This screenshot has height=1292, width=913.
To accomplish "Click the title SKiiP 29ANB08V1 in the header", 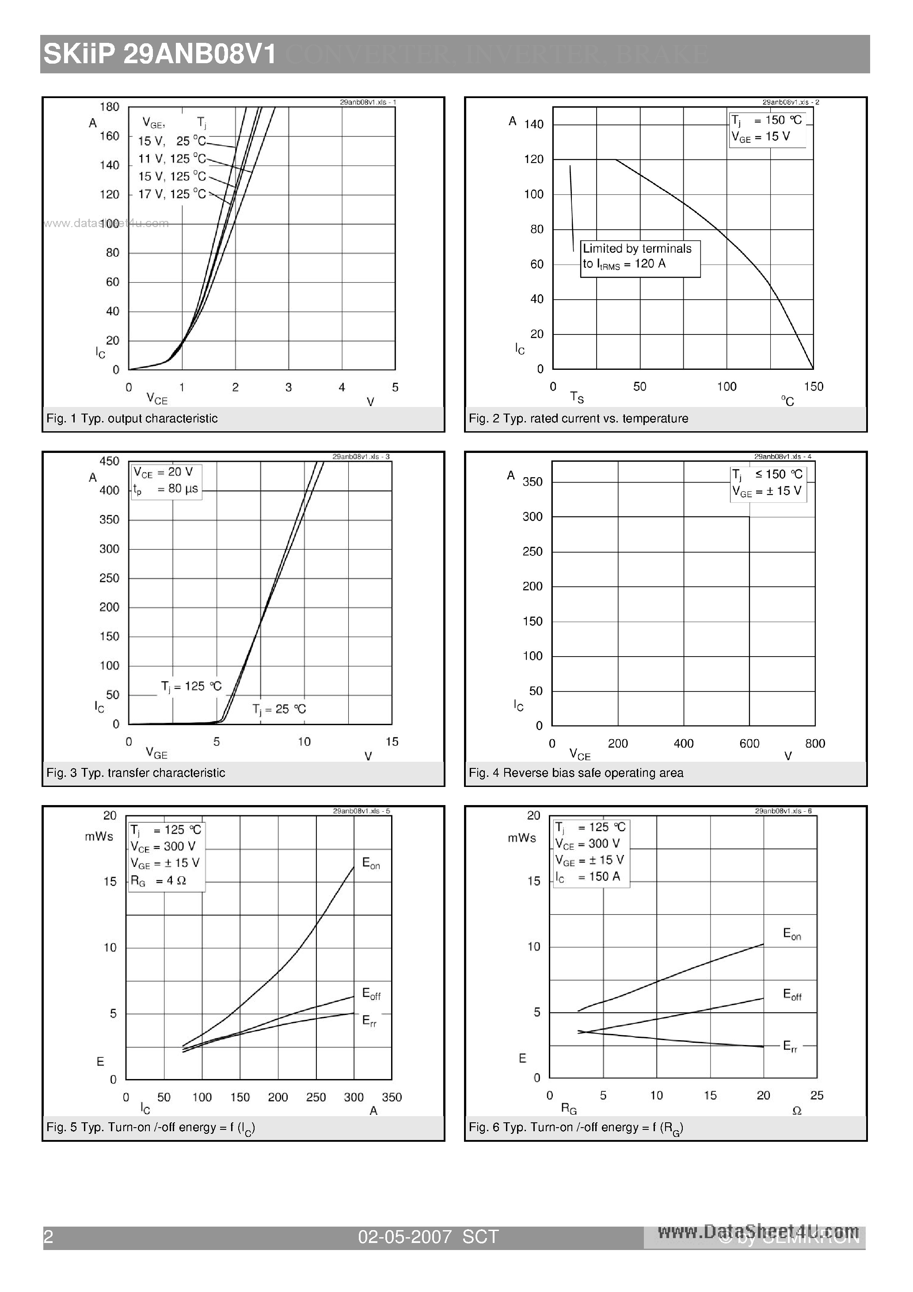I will (x=160, y=55).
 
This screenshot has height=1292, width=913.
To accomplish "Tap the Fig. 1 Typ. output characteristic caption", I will (x=132, y=418).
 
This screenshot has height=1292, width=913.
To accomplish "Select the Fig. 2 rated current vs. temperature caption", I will (x=578, y=418).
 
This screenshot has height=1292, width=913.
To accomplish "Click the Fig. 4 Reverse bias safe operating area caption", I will (x=576, y=773).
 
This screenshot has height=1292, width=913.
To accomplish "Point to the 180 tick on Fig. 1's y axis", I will (x=109, y=107).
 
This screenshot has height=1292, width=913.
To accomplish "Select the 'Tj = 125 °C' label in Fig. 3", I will (x=191, y=686).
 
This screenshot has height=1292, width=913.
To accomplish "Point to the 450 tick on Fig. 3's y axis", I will (x=109, y=461).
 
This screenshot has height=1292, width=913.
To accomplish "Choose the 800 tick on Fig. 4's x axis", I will (x=814, y=743).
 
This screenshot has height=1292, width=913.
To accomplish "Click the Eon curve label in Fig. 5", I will (x=371, y=863).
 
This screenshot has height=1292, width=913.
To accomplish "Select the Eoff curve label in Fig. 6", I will (x=792, y=994).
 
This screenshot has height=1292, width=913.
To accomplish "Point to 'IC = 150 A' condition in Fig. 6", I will (x=588, y=877).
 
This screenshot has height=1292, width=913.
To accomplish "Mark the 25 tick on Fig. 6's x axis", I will (x=816, y=1095).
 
